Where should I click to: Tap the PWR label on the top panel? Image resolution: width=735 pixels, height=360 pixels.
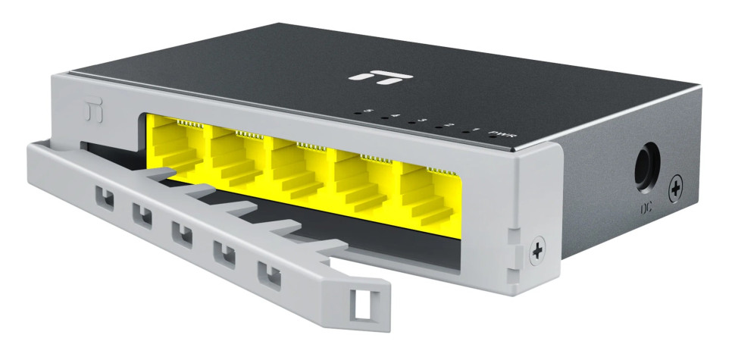coord(498,134)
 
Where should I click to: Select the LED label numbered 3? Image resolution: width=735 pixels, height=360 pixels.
coord(422,121)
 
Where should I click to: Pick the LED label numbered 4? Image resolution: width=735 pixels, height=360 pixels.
coord(396,116)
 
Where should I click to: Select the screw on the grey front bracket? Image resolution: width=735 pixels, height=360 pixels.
coord(538,250)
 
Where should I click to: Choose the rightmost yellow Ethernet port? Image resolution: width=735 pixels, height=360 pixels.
coord(428,191)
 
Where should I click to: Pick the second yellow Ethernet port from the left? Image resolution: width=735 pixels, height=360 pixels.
coord(236,158)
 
